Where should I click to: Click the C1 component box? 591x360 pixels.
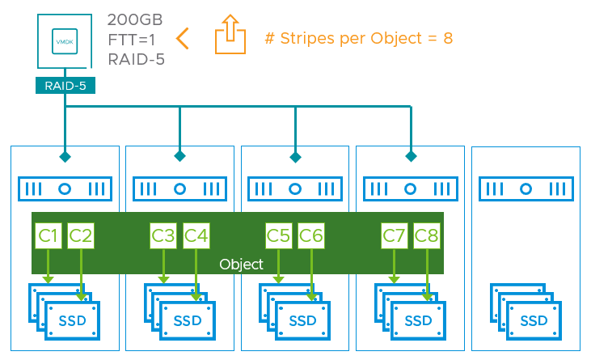tap(48, 236)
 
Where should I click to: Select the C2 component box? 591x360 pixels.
tap(81, 236)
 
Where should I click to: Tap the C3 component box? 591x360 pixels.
tap(163, 236)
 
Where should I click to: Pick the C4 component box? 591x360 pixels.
tap(196, 236)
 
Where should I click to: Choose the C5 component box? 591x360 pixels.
tap(279, 236)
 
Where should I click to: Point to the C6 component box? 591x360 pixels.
tap(312, 236)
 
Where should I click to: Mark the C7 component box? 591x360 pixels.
tap(395, 236)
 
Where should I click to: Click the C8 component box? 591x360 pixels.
tap(427, 236)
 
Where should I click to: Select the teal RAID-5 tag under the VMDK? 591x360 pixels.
tap(65, 85)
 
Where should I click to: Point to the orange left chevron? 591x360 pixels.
tap(183, 37)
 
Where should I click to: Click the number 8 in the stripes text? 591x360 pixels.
tap(447, 38)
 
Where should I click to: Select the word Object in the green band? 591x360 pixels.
tap(242, 265)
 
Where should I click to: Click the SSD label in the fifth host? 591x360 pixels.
tap(534, 321)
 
